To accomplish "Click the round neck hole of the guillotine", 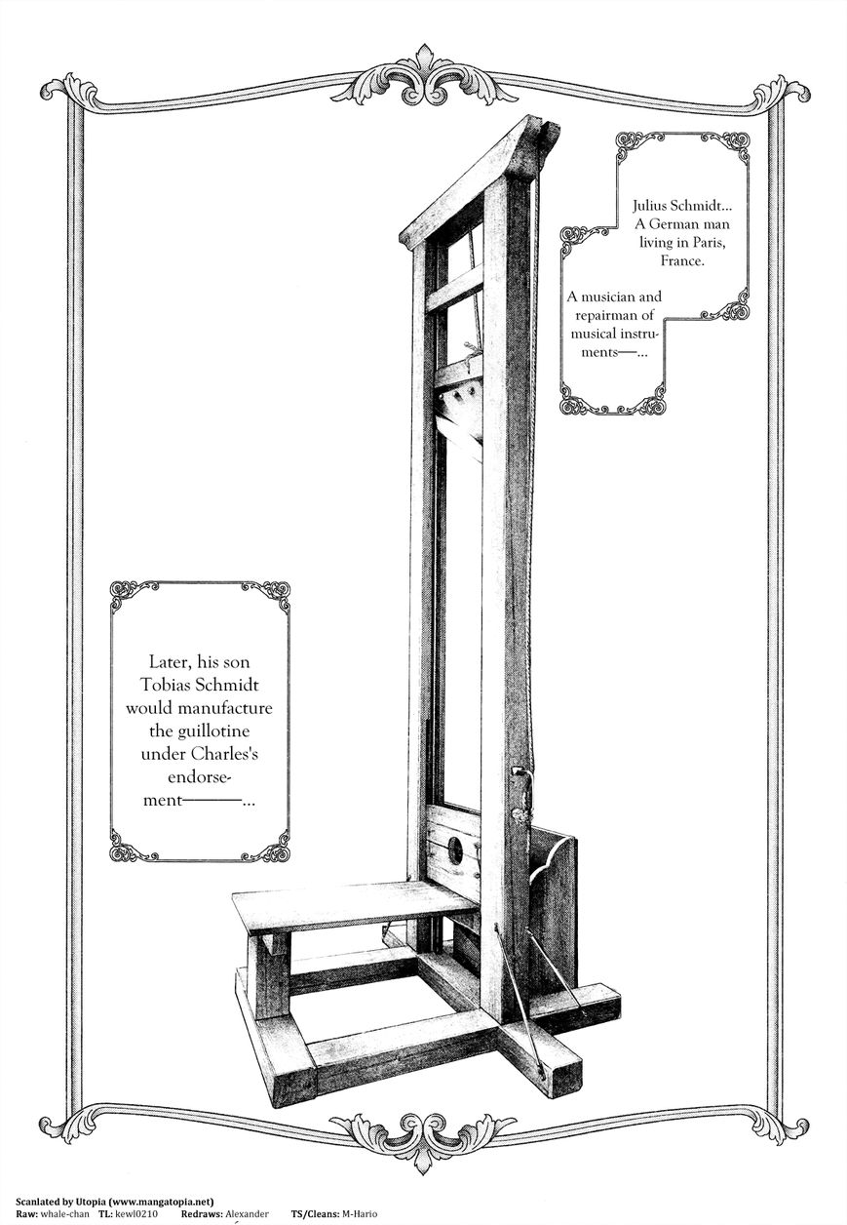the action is click(x=455, y=850).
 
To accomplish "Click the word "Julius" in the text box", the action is click(x=651, y=205).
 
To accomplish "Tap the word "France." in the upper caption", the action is click(x=682, y=260).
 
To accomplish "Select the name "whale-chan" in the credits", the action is click(x=65, y=1213).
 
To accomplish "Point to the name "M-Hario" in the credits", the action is click(x=360, y=1213).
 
